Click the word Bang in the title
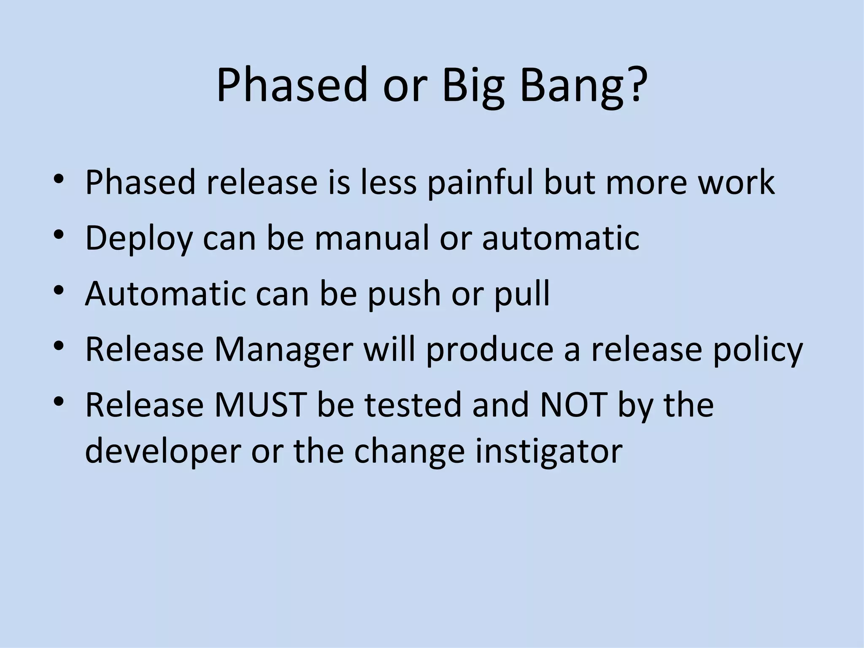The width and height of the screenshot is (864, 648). pyautogui.click(x=572, y=86)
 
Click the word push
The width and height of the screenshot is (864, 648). pyautogui.click(x=404, y=295)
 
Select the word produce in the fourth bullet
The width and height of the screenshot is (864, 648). pyautogui.click(x=489, y=351)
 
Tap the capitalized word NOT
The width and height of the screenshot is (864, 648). pyautogui.click(x=573, y=405)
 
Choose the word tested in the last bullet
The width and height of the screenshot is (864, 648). pyautogui.click(x=413, y=405)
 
